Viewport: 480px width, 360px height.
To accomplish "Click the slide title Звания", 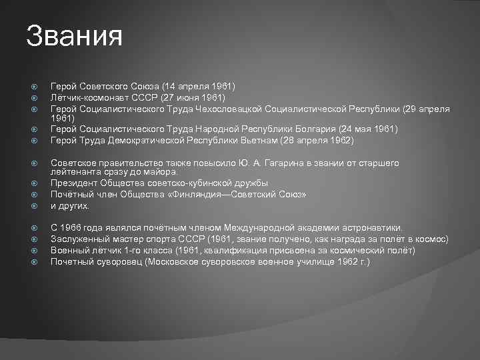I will click(x=75, y=36).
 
